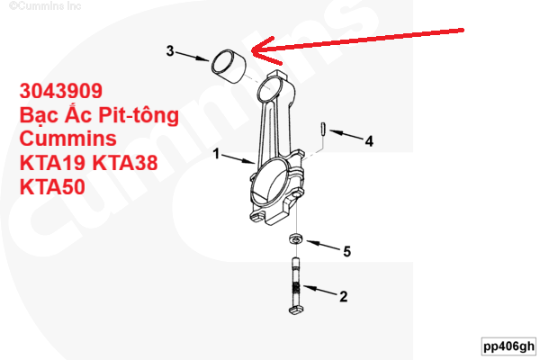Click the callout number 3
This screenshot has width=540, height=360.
click(x=170, y=51)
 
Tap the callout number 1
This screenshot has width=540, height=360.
click(x=216, y=154)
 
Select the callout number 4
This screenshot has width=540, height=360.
click(x=369, y=141)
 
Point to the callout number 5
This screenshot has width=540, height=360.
click(x=347, y=251)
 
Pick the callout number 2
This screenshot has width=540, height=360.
click(x=344, y=296)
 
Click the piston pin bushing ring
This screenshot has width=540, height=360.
click(x=229, y=67)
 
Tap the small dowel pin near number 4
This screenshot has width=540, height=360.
click(x=323, y=130)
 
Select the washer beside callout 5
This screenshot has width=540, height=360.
click(x=295, y=238)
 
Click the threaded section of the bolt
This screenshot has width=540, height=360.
click(x=296, y=291)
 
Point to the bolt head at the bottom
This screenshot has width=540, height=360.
click(x=295, y=309)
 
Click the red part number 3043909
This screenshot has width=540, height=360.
click(x=61, y=91)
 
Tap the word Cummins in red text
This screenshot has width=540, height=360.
click(x=68, y=139)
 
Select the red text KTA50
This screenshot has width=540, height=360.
click(x=52, y=186)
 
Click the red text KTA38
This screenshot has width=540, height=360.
click(x=125, y=163)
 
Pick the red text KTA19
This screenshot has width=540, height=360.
click(x=52, y=163)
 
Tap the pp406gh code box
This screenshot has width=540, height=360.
click(x=509, y=346)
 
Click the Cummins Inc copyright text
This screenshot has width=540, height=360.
click(x=45, y=6)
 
